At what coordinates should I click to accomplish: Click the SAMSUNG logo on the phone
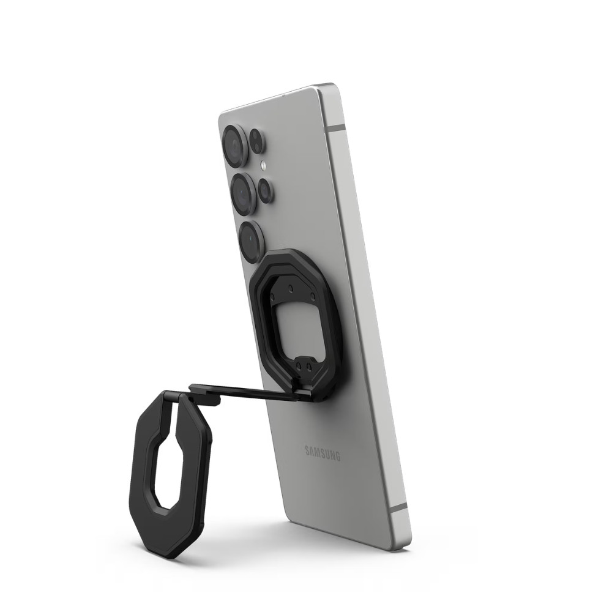[323, 453]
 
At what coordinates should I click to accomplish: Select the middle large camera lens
[244, 193]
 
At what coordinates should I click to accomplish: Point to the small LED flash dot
[264, 165]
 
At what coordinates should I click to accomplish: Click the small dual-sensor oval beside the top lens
[257, 141]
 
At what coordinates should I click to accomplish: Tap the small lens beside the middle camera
[265, 190]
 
